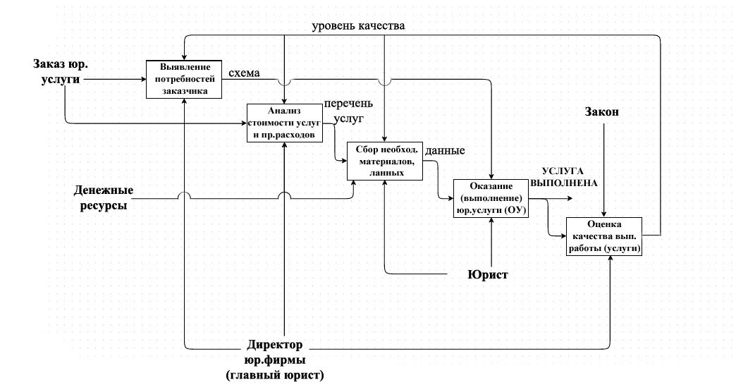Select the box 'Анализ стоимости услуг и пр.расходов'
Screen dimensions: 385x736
pyautogui.click(x=284, y=123)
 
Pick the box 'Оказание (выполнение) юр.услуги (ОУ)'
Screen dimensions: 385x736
pyautogui.click(x=491, y=198)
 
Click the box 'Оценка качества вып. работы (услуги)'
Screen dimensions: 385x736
pyautogui.click(x=605, y=237)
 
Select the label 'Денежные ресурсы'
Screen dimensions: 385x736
pyautogui.click(x=105, y=198)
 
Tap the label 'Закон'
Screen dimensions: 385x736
pyautogui.click(x=603, y=113)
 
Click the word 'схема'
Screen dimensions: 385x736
pyautogui.click(x=244, y=73)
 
